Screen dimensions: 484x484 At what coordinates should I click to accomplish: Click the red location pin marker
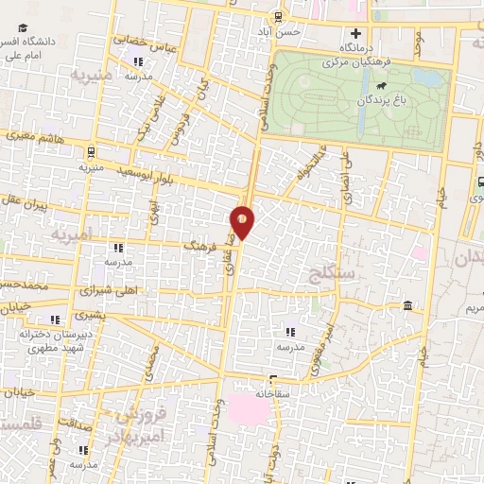[x=243, y=221]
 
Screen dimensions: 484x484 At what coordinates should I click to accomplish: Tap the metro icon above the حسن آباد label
[x=276, y=16]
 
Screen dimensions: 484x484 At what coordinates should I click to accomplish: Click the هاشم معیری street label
[x=39, y=138]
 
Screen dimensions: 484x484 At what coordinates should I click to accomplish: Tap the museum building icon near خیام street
[x=407, y=305]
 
